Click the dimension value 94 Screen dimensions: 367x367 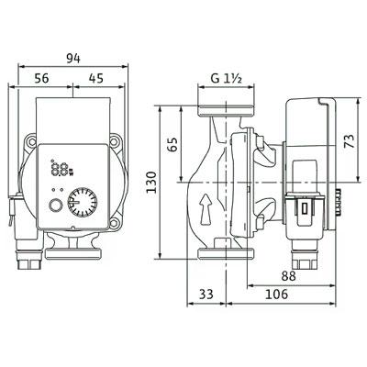(x=73, y=59)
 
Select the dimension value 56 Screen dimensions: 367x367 (x=41, y=78)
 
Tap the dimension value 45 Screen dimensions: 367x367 (x=96, y=78)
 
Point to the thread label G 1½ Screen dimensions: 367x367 (x=227, y=79)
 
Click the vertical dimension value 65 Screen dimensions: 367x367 (x=172, y=145)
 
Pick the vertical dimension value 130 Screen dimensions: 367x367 (x=151, y=183)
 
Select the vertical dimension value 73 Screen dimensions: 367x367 (x=350, y=141)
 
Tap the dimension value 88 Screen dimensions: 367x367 (x=289, y=276)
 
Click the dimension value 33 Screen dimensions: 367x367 (x=206, y=295)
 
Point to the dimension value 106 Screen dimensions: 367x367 (x=276, y=295)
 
